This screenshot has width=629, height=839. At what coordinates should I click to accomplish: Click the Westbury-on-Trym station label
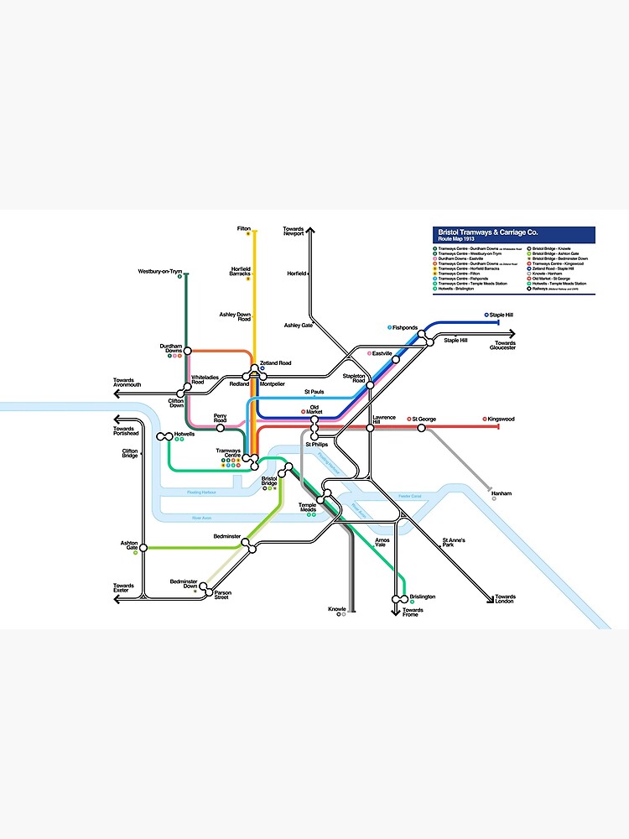160,271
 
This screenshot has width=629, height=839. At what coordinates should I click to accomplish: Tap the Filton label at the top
244,228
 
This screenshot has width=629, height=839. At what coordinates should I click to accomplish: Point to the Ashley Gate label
298,325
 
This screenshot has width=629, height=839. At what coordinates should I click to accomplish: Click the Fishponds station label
405,327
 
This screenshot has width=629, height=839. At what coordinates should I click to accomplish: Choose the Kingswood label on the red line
502,419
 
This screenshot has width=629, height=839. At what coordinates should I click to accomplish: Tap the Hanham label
502,493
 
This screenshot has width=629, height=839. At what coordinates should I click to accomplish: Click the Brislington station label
423,597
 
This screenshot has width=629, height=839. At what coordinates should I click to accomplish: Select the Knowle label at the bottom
337,609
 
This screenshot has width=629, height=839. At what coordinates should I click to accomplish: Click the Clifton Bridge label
129,454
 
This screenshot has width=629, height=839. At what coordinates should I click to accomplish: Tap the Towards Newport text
294,231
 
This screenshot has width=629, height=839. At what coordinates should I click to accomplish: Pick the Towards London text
506,599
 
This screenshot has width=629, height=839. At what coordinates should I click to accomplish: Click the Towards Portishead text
124,430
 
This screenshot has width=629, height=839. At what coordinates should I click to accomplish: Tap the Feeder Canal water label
410,496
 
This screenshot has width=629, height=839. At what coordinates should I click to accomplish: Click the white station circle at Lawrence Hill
370,428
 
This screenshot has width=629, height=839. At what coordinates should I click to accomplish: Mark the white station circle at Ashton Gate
143,548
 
